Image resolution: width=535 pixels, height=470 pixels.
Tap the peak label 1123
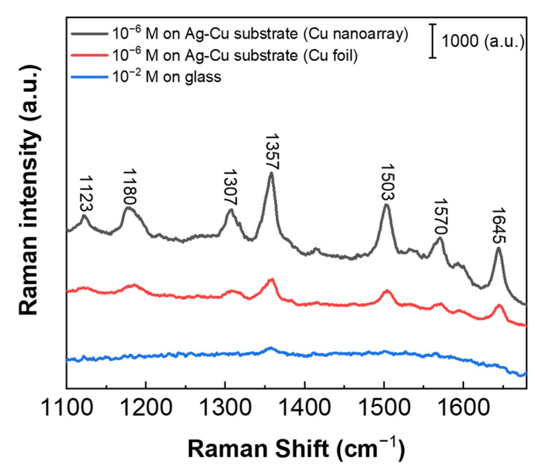point(86,193)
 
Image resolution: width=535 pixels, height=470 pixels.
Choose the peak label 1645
point(499,225)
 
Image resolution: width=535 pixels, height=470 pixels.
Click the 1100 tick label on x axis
point(67,407)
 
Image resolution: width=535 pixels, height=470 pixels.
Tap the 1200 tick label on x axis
point(146,407)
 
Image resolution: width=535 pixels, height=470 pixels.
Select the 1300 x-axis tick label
point(225,407)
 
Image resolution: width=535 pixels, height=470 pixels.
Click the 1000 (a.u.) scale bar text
point(482,41)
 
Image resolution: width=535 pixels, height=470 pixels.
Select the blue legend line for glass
point(90,77)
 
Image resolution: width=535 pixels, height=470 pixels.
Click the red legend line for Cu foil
point(90,55)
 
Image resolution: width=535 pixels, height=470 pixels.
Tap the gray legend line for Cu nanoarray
point(90,34)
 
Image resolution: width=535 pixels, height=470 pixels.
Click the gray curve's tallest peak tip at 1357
point(271,173)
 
